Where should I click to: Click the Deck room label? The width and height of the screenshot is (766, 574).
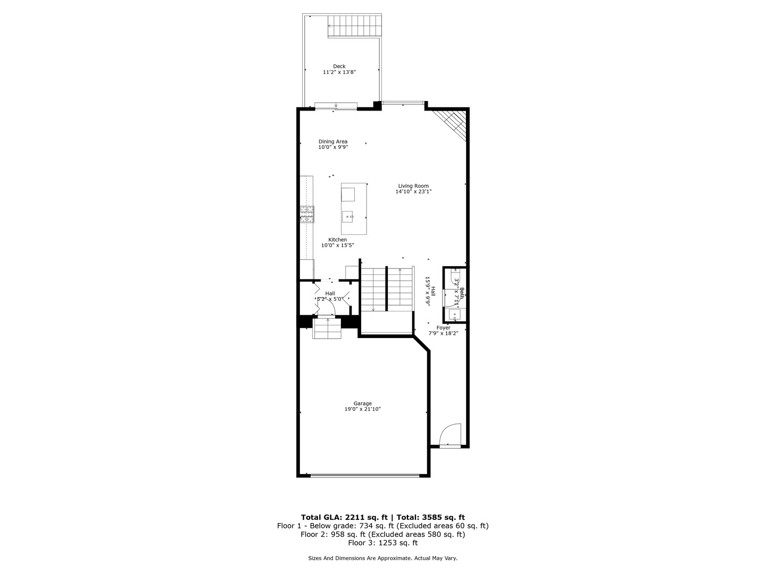(339, 66)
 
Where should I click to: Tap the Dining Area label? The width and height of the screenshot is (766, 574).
(333, 141)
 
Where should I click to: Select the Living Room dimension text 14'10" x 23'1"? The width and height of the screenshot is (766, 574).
(413, 192)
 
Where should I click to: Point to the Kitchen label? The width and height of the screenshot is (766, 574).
(337, 240)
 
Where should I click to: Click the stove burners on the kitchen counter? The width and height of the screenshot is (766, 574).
(307, 214)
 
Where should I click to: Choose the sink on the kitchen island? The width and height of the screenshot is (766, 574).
(348, 216)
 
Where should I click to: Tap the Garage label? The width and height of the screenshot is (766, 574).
(363, 403)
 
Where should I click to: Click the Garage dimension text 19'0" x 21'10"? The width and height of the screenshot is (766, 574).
(363, 409)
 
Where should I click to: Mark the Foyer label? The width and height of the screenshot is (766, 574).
(443, 328)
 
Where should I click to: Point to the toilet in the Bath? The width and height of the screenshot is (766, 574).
(455, 277)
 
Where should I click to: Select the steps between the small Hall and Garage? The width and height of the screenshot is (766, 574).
(327, 327)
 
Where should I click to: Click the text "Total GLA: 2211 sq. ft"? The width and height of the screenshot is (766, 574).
(344, 517)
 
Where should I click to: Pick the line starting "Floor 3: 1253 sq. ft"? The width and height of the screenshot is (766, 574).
(383, 543)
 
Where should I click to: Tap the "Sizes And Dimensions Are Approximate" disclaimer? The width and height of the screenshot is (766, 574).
(383, 559)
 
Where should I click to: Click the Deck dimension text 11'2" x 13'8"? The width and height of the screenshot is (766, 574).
(339, 72)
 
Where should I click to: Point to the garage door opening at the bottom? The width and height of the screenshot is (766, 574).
(364, 475)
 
